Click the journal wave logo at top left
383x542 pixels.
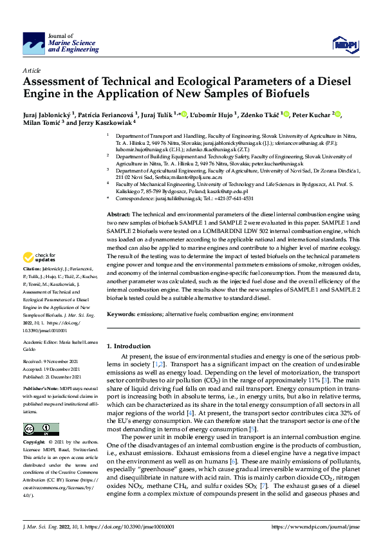[x=33, y=44]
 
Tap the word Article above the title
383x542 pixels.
[x=31, y=70]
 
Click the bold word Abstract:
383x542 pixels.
[x=118, y=196]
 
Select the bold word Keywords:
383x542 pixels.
[x=121, y=313]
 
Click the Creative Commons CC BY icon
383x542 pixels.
[x=37, y=429]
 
